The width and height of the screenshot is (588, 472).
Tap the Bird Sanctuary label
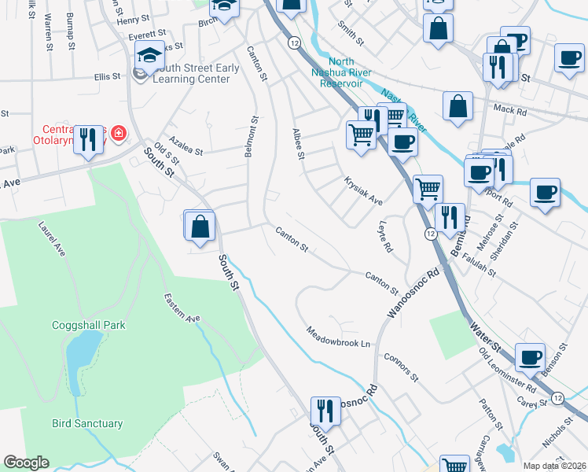pyautogui.click(x=87, y=423)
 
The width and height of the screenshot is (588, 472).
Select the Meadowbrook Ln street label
pyautogui.click(x=338, y=337)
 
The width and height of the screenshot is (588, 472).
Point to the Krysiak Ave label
pyautogui.click(x=363, y=191)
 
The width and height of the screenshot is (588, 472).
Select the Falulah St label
pyautogui.click(x=479, y=263)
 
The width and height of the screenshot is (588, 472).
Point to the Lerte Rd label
pyautogui.click(x=385, y=236)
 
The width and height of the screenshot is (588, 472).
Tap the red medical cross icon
pyautogui.click(x=119, y=135)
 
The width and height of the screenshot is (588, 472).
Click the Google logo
pyautogui.click(x=26, y=463)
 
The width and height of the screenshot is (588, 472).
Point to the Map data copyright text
pyautogui.click(x=554, y=466)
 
